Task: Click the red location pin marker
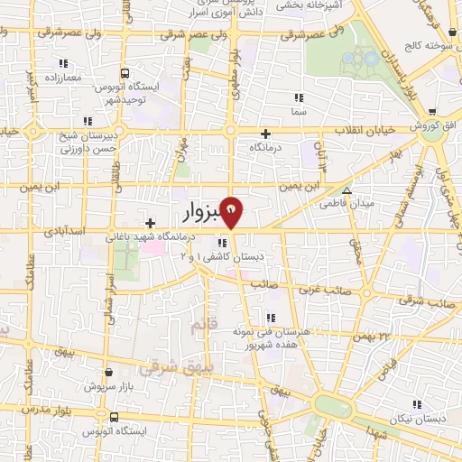click(x=232, y=210)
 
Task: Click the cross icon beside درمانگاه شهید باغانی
click(x=150, y=222)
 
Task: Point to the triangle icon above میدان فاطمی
click(x=346, y=190)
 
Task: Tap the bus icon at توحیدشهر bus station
click(x=125, y=73)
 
